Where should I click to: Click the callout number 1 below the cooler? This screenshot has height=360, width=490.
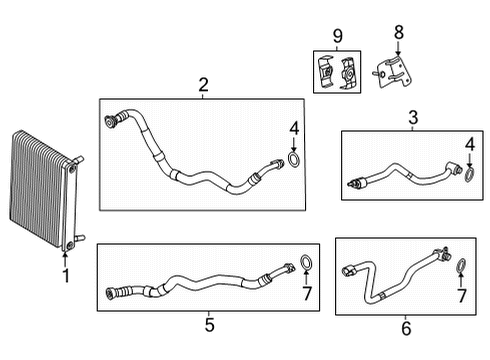tap(66, 275)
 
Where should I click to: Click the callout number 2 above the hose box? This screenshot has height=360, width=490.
tap(202, 86)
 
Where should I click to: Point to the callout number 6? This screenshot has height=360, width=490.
tap(405, 325)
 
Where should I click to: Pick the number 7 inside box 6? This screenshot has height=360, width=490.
tap(461, 297)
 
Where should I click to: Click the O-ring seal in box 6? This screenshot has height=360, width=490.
tap(461, 268)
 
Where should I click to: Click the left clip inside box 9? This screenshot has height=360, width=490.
tap(326, 73)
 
